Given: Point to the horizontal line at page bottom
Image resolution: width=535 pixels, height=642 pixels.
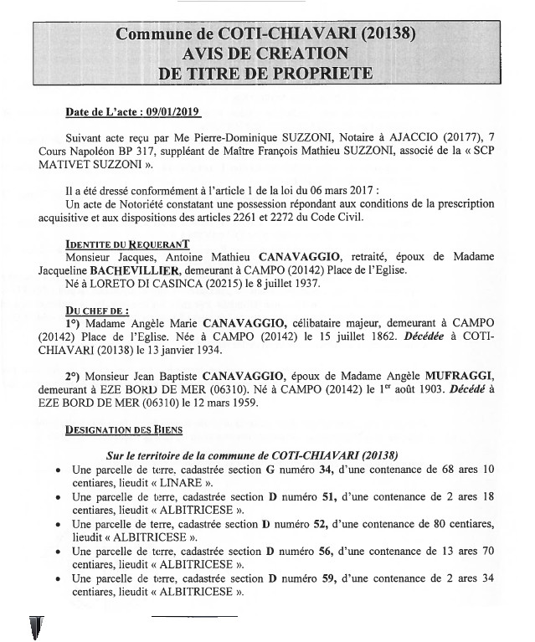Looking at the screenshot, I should pyautogui.click(x=194, y=616).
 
